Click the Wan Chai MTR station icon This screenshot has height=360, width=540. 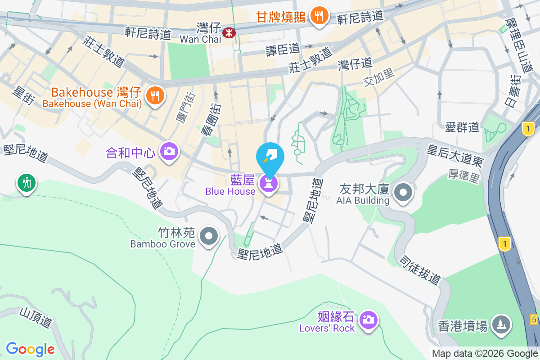pyautogui.click(x=229, y=32)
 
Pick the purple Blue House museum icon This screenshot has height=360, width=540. pyautogui.click(x=268, y=183)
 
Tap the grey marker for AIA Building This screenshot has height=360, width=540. pyautogui.click(x=403, y=193)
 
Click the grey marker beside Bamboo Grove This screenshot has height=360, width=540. pyautogui.click(x=208, y=235)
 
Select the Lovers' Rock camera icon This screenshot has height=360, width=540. pyautogui.click(x=368, y=320)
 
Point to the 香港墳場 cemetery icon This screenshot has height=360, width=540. pyautogui.click(x=501, y=324)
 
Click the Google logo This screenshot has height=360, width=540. pyautogui.click(x=31, y=349)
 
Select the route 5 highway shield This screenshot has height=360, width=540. pyautogui.click(x=534, y=319)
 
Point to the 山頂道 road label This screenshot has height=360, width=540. pyautogui.click(x=36, y=317)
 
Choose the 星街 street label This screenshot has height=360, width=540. pyautogui.click(x=23, y=95)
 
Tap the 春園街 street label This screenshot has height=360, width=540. pyautogui.click(x=211, y=120)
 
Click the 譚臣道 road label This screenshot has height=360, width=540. pyautogui.click(x=283, y=49)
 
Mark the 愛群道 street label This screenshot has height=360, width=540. pyautogui.click(x=462, y=127)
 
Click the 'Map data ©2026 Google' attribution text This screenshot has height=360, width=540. pyautogui.click(x=485, y=354)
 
